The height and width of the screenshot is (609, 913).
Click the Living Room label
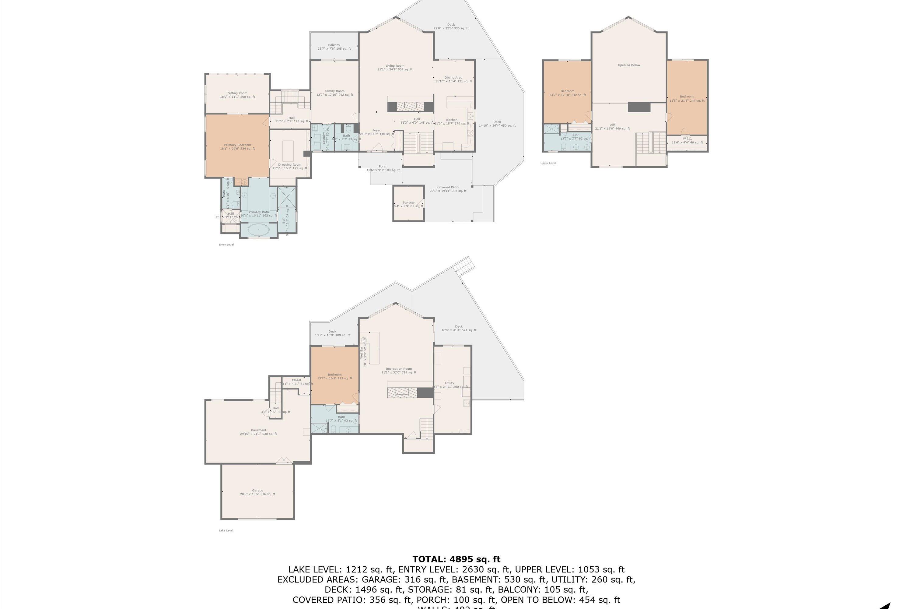click(x=395, y=68)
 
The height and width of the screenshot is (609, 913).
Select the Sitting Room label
click(x=237, y=95)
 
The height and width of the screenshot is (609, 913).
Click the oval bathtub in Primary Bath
click(x=258, y=230)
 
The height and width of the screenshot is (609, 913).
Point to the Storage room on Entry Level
click(x=408, y=204)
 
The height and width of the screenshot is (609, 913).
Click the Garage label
click(x=257, y=492)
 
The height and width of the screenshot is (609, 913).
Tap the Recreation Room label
click(x=399, y=371)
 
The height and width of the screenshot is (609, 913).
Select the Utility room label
click(x=450, y=385)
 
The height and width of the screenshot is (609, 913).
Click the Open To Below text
click(x=629, y=65)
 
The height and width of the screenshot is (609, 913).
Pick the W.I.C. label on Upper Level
click(x=687, y=140)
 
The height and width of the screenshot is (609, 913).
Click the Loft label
click(x=612, y=127)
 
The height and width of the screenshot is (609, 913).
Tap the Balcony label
click(x=334, y=47)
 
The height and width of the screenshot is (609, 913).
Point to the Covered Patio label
click(x=448, y=189)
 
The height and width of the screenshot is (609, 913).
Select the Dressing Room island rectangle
click(x=288, y=151)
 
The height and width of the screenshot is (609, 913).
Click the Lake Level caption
click(x=226, y=530)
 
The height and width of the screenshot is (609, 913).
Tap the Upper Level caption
click(x=548, y=163)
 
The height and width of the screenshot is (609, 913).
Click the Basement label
click(x=258, y=432)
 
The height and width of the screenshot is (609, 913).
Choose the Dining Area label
click(x=453, y=79)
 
